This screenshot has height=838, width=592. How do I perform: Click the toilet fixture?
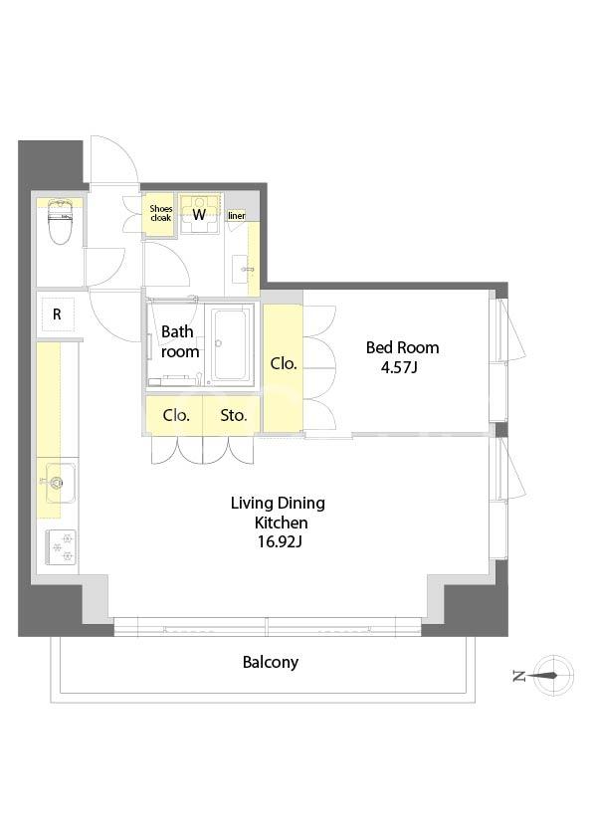click(x=60, y=221)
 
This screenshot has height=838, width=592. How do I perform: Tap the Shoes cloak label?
click(x=160, y=213)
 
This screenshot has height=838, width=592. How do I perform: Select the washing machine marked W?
click(x=199, y=214)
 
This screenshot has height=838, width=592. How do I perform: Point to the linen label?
click(x=236, y=215)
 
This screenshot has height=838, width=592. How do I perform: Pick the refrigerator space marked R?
click(x=57, y=314)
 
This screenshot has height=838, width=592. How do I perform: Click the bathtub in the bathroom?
click(x=230, y=343)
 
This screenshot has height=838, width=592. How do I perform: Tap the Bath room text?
click(x=180, y=341)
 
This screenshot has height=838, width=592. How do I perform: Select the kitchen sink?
click(x=60, y=483)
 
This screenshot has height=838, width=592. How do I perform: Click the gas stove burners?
click(x=61, y=546)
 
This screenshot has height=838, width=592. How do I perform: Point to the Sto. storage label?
click(x=234, y=415)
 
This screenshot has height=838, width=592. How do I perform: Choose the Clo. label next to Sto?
click(x=176, y=415)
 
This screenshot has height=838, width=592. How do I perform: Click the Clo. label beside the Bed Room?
click(x=284, y=363)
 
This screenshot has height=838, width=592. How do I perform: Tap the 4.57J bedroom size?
click(x=399, y=367)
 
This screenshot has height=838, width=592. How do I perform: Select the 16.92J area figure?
click(x=280, y=542)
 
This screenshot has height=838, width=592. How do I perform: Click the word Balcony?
click(x=271, y=662)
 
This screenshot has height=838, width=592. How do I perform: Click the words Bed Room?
click(x=402, y=347)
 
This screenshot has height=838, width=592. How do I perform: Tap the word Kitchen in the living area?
click(x=281, y=523)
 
